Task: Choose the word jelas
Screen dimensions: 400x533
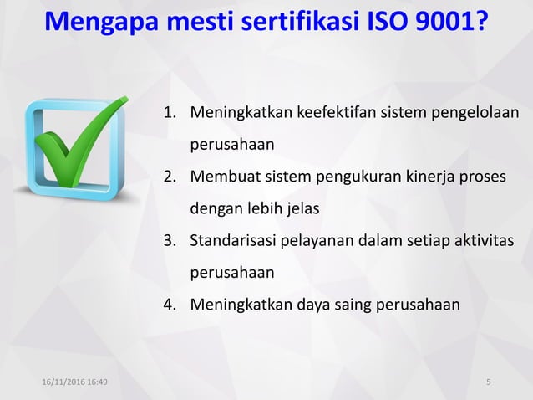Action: pos(303,208)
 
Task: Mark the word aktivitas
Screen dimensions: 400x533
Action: pos(484,241)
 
